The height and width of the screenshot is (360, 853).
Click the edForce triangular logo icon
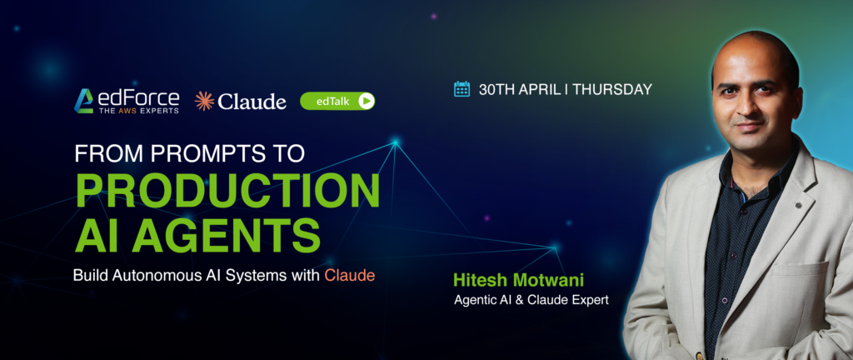(x=84, y=101)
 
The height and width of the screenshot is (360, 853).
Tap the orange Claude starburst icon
(x=204, y=101)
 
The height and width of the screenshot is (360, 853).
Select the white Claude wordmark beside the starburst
(x=252, y=102)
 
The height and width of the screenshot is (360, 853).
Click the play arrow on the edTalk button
(x=367, y=101)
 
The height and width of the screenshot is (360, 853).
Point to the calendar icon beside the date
(x=461, y=89)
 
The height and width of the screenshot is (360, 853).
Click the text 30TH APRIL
(x=519, y=90)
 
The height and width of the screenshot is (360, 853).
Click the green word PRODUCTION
(x=227, y=191)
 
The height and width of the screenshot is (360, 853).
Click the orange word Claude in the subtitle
(x=350, y=275)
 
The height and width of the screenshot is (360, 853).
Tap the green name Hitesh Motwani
(x=518, y=281)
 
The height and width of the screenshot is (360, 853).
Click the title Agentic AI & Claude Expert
(x=531, y=300)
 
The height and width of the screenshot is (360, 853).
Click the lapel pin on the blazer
(x=797, y=205)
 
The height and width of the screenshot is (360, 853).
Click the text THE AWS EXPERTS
(x=138, y=111)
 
